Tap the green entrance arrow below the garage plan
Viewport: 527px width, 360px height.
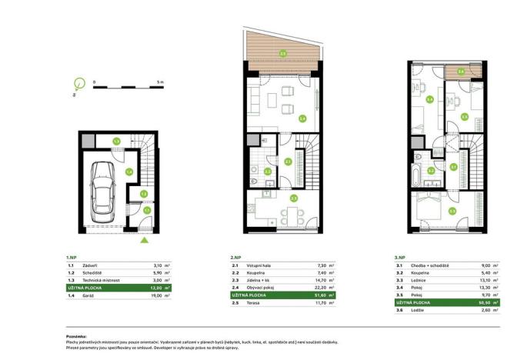[144, 240]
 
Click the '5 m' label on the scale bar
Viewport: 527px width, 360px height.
[158, 81]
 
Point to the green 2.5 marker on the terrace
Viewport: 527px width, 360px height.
[282, 54]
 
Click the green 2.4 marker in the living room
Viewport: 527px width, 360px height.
[302, 118]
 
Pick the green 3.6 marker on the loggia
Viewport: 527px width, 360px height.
[461, 72]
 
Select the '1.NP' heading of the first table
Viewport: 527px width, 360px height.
[72, 257]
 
